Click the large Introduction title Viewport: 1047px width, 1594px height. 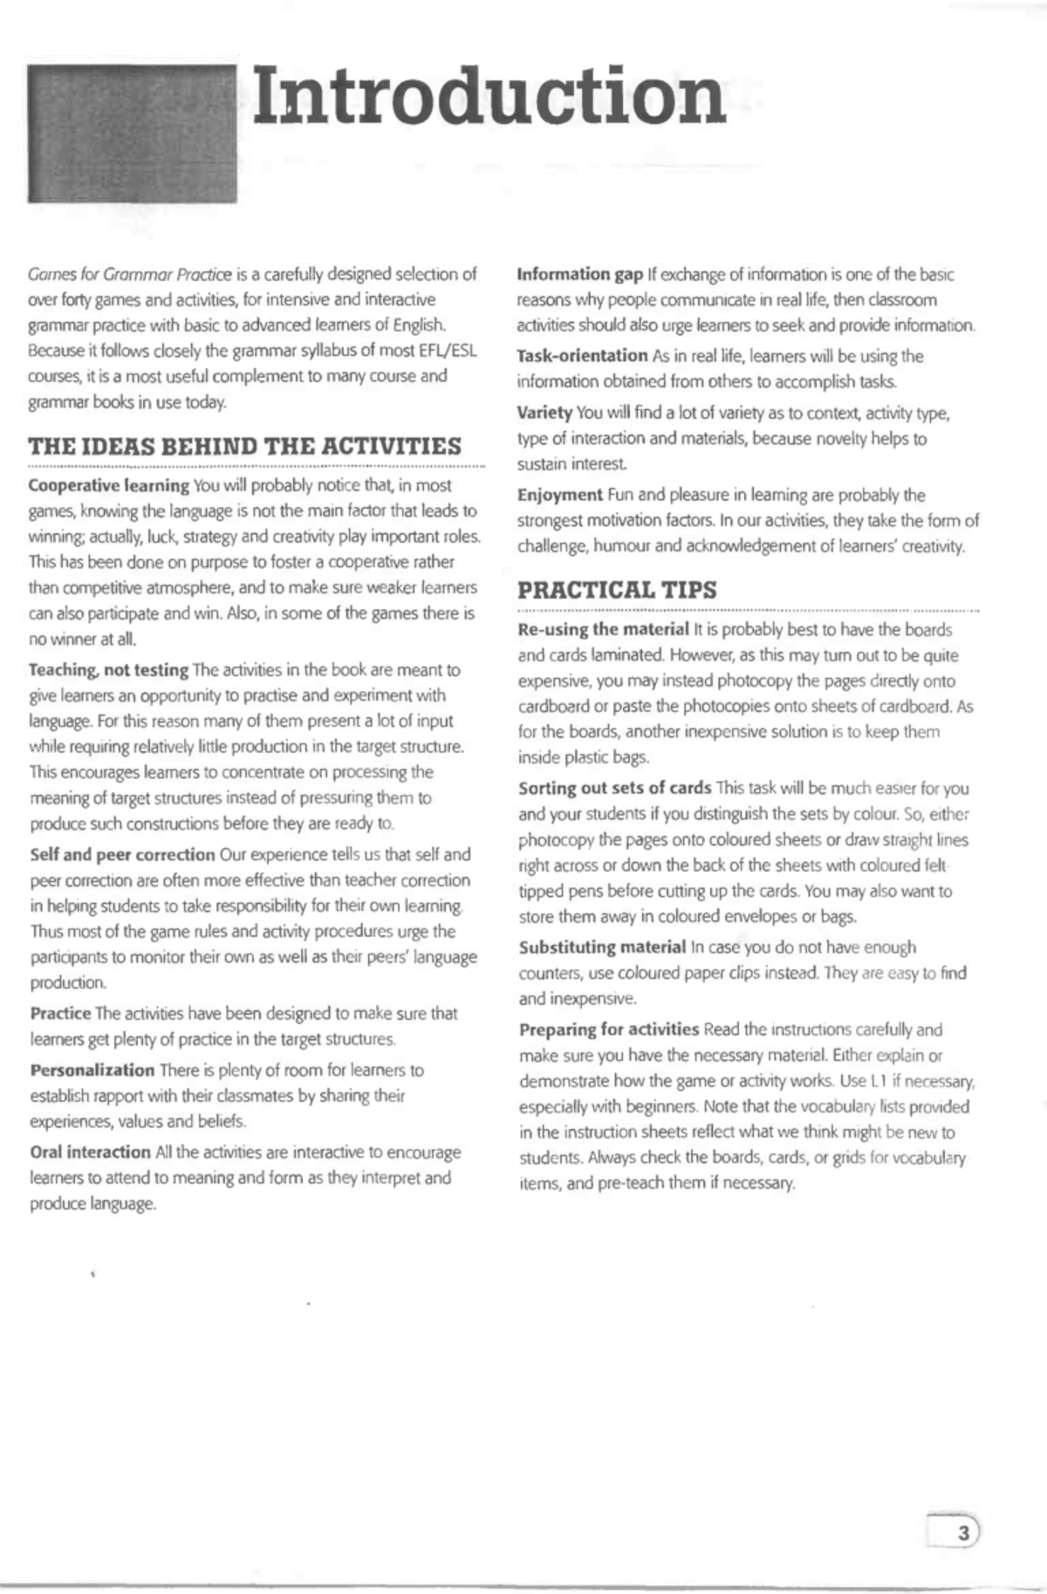(489, 96)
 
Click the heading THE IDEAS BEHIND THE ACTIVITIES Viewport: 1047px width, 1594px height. (245, 447)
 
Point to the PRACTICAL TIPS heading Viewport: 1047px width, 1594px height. (617, 590)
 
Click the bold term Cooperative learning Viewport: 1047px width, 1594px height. (109, 485)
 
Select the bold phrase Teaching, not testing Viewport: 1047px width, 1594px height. (109, 670)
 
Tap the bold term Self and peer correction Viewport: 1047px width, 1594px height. (122, 854)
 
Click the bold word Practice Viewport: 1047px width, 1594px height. (60, 1013)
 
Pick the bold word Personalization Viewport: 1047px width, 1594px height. (92, 1070)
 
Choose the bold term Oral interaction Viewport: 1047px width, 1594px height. (90, 1152)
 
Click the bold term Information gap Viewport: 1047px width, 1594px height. (579, 275)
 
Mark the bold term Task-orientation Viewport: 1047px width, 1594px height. (582, 356)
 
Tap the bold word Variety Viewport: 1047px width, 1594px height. (544, 413)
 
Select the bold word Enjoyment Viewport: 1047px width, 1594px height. (559, 495)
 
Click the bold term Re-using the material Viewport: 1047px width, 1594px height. (603, 629)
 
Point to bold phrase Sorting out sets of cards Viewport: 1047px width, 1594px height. (614, 788)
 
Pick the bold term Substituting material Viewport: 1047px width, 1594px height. (602, 947)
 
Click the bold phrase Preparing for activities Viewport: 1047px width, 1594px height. (608, 1030)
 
